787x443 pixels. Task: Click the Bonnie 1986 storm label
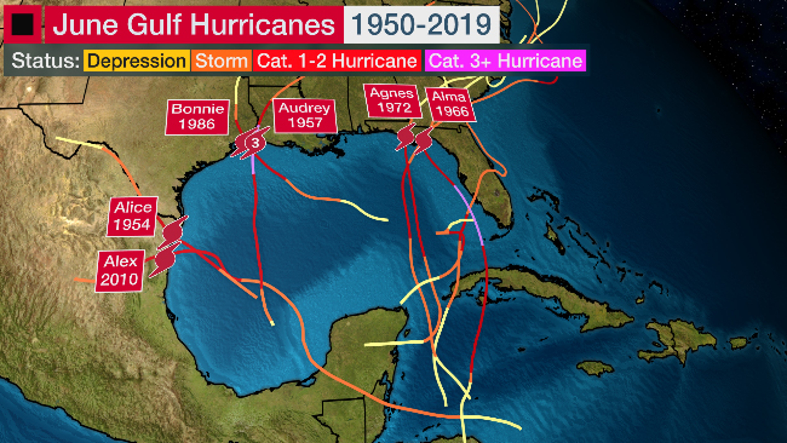[x=197, y=117]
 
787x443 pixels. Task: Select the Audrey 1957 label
[x=305, y=116]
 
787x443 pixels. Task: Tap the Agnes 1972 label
[x=393, y=101]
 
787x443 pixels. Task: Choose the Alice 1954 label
[x=132, y=216]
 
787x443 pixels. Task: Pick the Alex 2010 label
[x=120, y=270]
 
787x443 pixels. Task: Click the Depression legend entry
[x=136, y=61]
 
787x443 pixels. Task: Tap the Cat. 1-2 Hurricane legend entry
[x=337, y=61]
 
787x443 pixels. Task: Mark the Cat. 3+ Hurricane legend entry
[x=505, y=61]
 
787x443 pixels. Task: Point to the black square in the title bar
[x=22, y=24]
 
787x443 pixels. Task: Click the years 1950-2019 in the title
[x=421, y=24]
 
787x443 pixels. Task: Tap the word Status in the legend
[x=45, y=61]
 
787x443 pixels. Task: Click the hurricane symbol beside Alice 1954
[x=173, y=233]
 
